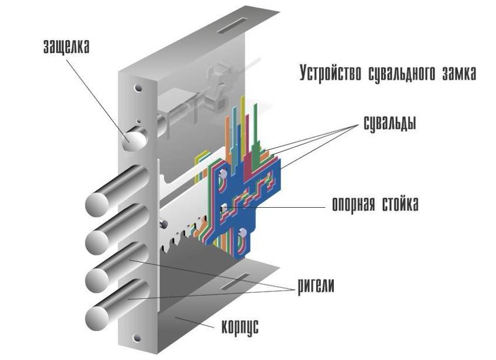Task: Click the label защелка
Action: (66, 47)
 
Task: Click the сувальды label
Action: (386, 124)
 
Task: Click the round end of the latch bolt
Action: (132, 140)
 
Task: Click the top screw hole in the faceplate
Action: (138, 89)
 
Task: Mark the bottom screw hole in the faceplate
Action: (138, 338)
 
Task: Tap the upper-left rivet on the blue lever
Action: (222, 174)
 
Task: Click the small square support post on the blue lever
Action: (223, 207)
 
